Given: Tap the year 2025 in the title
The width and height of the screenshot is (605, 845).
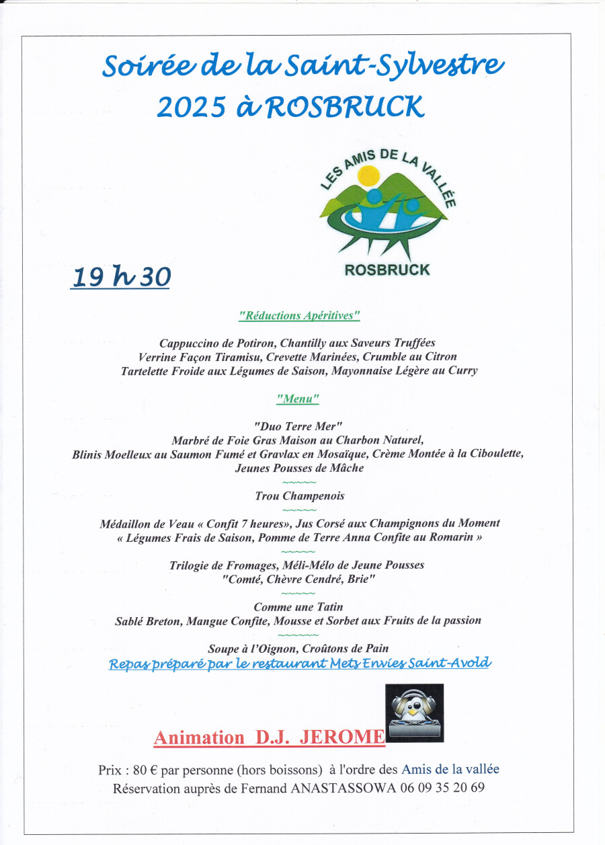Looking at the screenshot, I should click(190, 107).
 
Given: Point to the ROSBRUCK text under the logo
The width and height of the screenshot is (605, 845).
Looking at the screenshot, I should click(387, 270).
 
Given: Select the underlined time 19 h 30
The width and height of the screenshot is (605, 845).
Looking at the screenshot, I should click(120, 277).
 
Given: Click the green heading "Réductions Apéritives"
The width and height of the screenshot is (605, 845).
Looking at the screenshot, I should click(299, 315).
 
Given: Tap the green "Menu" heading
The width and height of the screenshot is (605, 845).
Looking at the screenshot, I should click(298, 399).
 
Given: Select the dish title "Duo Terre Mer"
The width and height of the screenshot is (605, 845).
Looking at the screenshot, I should click(298, 426).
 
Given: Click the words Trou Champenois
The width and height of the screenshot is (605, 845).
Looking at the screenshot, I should click(299, 496).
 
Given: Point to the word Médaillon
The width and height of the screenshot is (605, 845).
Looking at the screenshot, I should click(126, 523).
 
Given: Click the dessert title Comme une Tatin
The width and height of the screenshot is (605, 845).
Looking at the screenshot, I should click(298, 607).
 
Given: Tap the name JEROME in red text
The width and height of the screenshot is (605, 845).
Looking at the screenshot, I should click(341, 737).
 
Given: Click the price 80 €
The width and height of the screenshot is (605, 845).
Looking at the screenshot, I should click(142, 770).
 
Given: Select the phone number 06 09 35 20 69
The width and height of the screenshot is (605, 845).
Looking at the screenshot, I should click(442, 788).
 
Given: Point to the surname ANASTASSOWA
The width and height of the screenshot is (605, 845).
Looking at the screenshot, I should click(344, 788).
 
